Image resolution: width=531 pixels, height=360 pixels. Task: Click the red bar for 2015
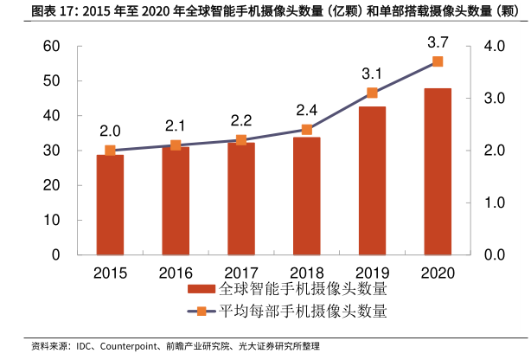pyautogui.click(x=110, y=204)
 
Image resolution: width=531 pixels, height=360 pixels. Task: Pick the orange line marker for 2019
pyautogui.click(x=372, y=93)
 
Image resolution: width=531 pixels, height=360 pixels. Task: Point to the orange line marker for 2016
pyautogui.click(x=176, y=145)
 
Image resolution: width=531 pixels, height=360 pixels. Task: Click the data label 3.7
pyautogui.click(x=438, y=42)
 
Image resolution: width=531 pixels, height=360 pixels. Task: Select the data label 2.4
pyautogui.click(x=306, y=110)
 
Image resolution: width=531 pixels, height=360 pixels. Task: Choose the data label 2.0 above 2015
pyautogui.click(x=110, y=131)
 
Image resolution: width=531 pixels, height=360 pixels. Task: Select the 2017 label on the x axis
pyautogui.click(x=240, y=273)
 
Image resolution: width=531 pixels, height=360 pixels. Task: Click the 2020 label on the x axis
pyautogui.click(x=438, y=273)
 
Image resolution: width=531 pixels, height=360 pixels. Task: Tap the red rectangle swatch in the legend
pyautogui.click(x=202, y=289)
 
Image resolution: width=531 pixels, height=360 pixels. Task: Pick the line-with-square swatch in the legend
pyautogui.click(x=202, y=311)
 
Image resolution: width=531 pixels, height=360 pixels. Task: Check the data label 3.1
pyautogui.click(x=372, y=73)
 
